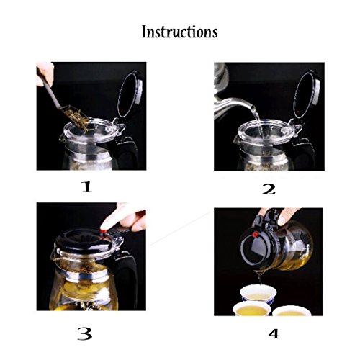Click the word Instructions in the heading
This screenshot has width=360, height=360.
click(x=180, y=32)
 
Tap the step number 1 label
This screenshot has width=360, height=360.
click(x=86, y=186)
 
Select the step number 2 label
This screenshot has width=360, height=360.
click(x=269, y=189)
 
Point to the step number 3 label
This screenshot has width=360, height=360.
click(x=85, y=333)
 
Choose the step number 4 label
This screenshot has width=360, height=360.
click(x=274, y=333)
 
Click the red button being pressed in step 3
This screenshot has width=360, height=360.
click(x=104, y=231)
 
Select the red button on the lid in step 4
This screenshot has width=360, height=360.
click(x=256, y=235)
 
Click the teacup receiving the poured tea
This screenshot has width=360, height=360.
click(x=258, y=294)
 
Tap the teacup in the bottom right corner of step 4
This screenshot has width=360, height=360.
click(x=292, y=311)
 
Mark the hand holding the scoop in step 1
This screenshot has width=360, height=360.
click(x=45, y=73)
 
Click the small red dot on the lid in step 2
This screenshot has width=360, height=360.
click(x=298, y=112)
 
